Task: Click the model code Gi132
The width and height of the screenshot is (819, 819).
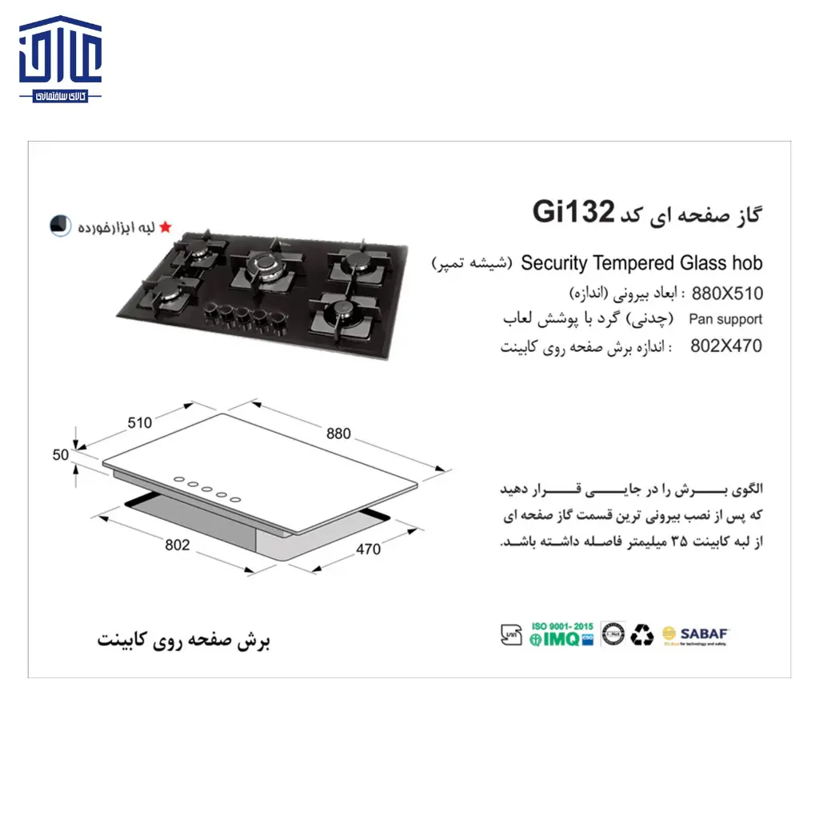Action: [573, 213]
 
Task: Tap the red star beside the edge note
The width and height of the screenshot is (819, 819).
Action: [166, 227]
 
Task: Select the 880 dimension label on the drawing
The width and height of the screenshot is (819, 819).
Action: [338, 433]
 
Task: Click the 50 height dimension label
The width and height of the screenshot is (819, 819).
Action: [61, 455]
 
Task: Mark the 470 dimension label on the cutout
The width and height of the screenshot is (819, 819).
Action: [369, 549]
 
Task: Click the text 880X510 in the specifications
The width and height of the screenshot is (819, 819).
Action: [726, 293]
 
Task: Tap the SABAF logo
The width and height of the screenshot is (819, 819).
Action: [695, 635]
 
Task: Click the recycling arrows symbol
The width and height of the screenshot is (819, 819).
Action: [641, 635]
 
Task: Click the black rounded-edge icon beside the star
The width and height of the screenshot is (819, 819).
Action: [59, 226]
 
